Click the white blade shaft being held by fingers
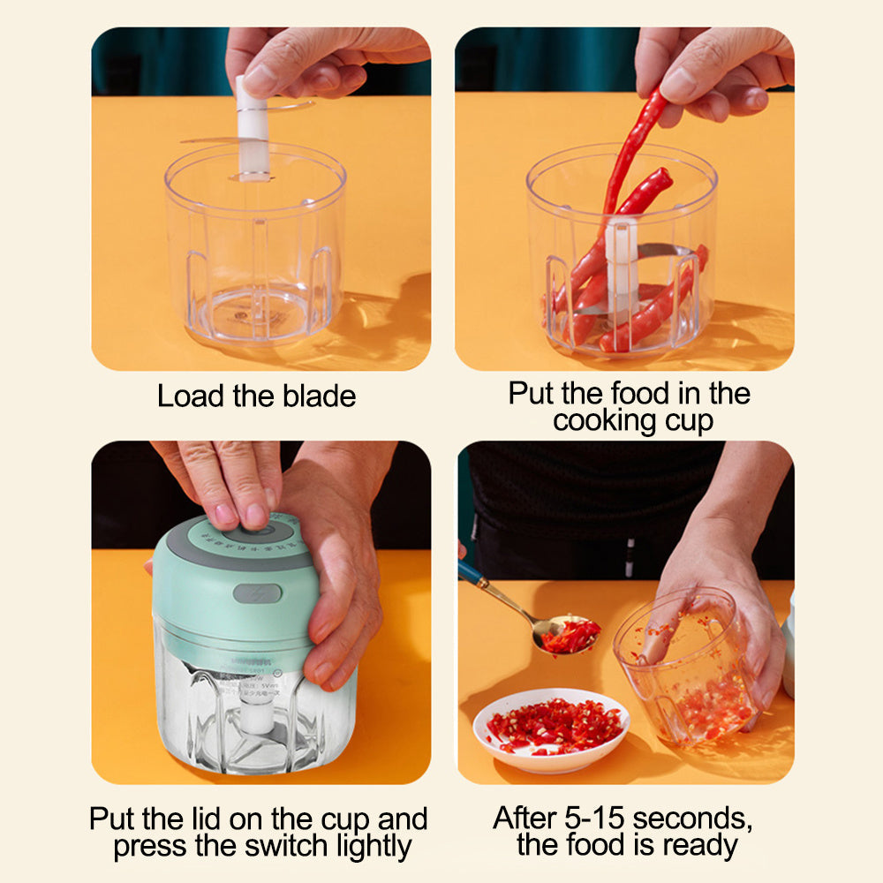[252, 132]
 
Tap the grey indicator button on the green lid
[257, 592]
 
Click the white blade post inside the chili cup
[622, 265]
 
